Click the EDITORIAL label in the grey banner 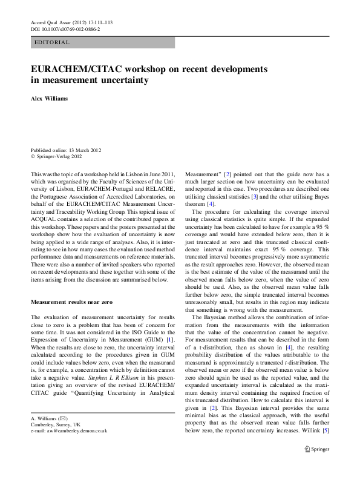[53, 42]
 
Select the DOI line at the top [65, 28]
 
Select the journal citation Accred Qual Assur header [71, 22]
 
